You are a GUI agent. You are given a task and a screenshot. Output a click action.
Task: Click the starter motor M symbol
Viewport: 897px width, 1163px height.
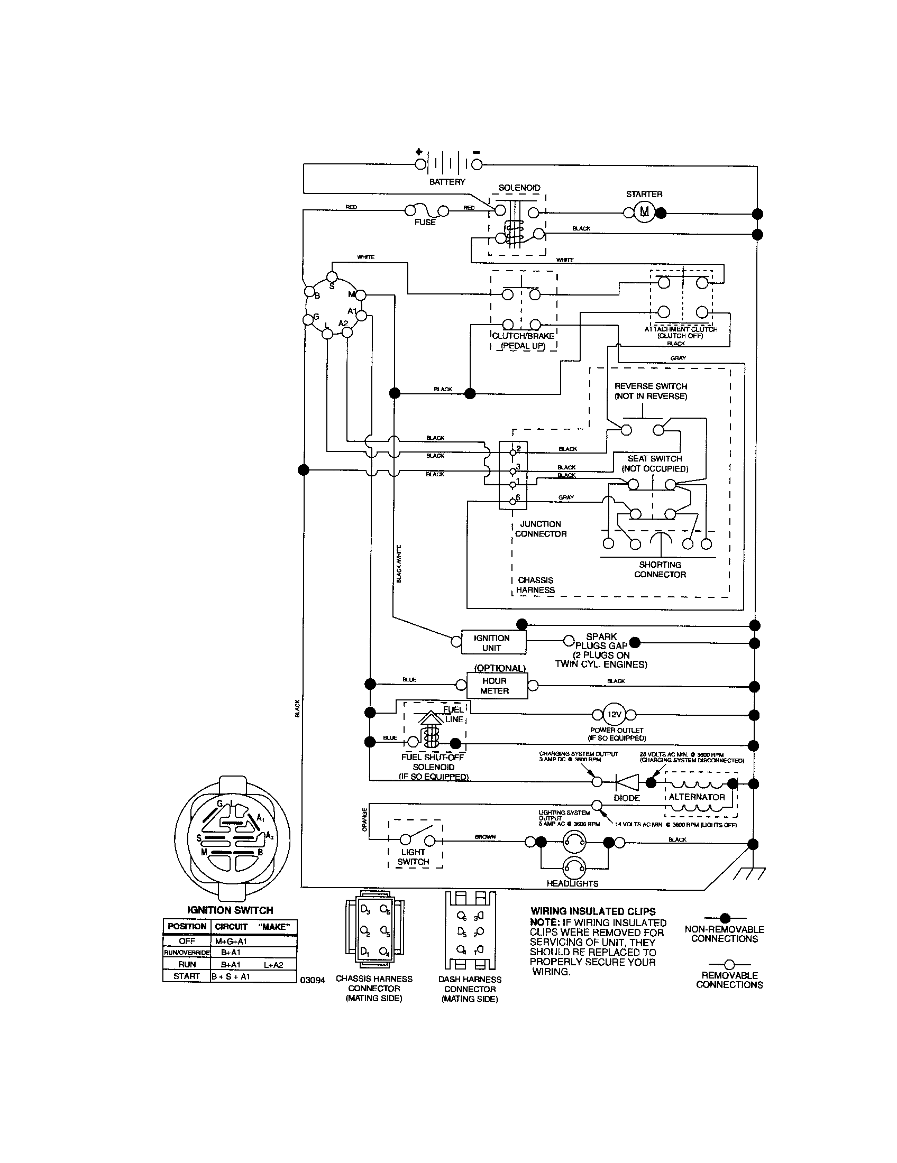pos(645,212)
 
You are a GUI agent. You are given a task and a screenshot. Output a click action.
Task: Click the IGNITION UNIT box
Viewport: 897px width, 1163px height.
pos(492,643)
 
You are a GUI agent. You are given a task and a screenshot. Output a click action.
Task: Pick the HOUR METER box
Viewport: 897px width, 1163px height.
pos(496,686)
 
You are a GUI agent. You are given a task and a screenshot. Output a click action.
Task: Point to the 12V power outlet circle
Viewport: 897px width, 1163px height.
pos(614,715)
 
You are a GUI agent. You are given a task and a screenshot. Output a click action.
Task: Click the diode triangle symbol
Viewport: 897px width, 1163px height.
pos(627,782)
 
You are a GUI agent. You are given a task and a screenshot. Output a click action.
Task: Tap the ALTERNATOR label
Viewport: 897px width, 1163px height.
pos(697,797)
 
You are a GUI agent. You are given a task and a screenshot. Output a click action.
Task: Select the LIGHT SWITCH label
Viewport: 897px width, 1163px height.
pos(414,857)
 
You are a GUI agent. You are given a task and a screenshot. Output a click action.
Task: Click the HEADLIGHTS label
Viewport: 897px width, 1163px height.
pos(572,883)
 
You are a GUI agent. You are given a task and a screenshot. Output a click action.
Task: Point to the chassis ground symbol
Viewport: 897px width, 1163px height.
pos(749,874)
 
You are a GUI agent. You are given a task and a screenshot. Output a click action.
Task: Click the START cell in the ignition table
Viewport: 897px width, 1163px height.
pos(186,976)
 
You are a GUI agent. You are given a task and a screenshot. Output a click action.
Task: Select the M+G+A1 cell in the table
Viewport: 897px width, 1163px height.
pos(231,942)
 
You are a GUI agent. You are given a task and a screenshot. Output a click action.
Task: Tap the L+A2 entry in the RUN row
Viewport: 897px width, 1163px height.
pos(273,964)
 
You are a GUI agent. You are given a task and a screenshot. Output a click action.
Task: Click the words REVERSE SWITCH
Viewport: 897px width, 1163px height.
pos(651,386)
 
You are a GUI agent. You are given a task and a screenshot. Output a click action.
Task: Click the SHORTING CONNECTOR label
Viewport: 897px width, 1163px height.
pos(660,569)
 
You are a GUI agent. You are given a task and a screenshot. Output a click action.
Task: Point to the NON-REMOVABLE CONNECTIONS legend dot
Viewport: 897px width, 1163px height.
pos(725,918)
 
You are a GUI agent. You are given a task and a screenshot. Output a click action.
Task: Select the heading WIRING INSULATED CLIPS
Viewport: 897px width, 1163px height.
pos(593,911)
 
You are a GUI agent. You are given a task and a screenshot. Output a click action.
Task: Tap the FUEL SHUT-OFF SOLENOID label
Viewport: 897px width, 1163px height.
pos(433,762)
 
